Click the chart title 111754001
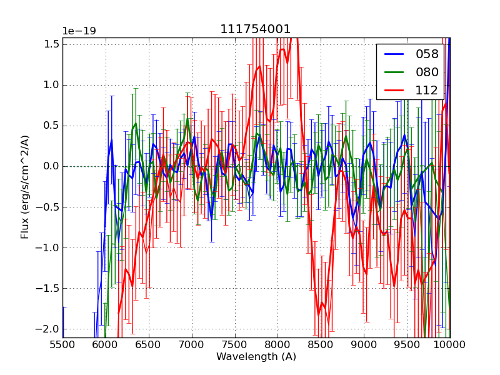(x=255, y=29)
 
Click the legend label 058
(x=427, y=54)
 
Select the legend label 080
(x=427, y=72)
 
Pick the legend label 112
(x=427, y=90)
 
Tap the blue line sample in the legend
(x=394, y=54)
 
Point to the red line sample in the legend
(x=394, y=90)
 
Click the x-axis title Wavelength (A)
(x=256, y=357)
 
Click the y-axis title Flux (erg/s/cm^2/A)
(x=25, y=187)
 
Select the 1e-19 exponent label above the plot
(x=79, y=31)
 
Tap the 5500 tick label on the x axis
(x=62, y=344)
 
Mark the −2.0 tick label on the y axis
(x=50, y=329)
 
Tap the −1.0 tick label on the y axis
(x=50, y=247)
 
